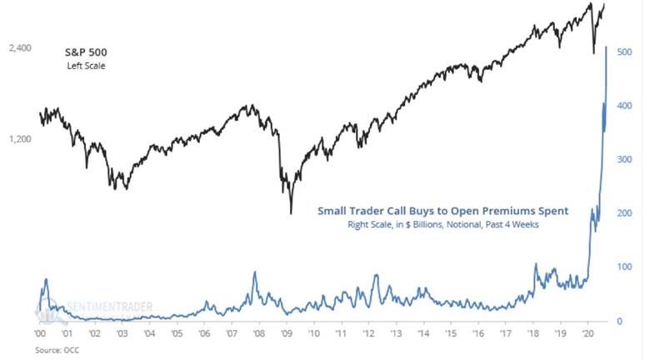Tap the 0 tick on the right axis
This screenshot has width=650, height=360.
pos(618,321)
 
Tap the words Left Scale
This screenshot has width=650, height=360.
pos(87,65)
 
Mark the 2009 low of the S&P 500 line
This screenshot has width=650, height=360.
pos(291,213)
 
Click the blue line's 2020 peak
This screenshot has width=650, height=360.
pos(606,47)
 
